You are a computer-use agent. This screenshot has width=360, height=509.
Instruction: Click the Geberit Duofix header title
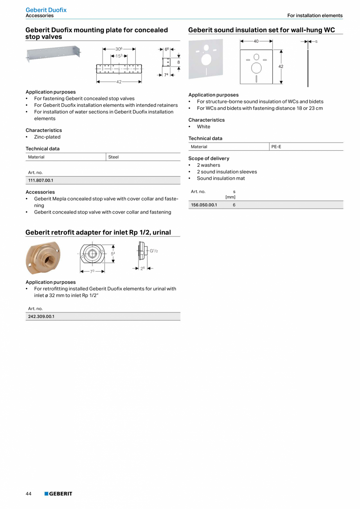coord(46,10)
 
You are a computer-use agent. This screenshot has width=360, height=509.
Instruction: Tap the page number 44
coord(29,494)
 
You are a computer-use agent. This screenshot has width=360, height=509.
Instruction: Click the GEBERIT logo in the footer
coord(58,494)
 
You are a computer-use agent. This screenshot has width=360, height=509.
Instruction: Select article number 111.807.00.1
coord(41,180)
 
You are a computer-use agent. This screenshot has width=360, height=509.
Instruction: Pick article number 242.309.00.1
coord(41,316)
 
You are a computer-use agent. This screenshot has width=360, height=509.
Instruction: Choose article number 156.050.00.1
coord(204,205)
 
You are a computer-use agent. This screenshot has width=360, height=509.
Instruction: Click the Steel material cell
coord(113,157)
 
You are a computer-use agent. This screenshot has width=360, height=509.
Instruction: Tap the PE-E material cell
coord(276,147)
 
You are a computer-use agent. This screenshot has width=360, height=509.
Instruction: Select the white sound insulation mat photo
coord(205,59)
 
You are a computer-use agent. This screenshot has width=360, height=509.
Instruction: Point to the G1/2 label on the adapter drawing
coord(154,251)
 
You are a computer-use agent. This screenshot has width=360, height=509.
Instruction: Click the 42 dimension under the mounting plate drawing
coord(119,82)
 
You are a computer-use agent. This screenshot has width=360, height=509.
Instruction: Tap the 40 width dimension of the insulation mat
coord(256,41)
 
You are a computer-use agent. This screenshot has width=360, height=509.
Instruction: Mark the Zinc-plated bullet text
coord(47,137)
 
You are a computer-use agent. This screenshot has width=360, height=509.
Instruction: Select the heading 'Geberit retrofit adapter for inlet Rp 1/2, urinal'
coord(98,232)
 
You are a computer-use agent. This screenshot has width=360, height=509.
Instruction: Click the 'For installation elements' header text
coord(315,16)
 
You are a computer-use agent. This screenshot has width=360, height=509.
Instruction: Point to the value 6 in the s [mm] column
coord(234,205)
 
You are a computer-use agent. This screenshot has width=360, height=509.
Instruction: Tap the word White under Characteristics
coord(203,127)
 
